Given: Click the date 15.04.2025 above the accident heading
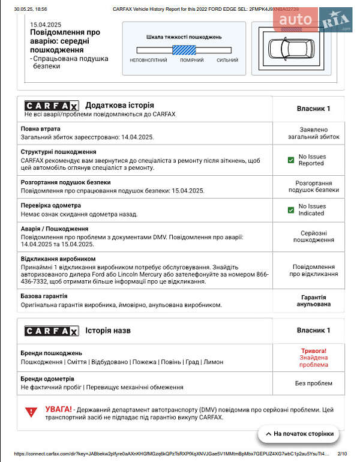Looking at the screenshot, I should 46,24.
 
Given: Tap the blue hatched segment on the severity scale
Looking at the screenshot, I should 184,50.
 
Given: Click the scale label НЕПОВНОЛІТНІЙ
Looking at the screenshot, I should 148,60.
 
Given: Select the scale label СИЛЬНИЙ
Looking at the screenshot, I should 227,60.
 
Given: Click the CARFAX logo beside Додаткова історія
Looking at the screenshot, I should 52,105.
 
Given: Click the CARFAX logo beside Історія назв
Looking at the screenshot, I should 52,331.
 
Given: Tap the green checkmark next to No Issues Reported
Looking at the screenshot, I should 291,160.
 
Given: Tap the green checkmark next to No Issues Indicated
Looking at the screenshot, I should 291,209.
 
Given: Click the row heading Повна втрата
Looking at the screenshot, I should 40,129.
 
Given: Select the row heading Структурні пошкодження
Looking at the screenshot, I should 58,152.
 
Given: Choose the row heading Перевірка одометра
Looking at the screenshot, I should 50,205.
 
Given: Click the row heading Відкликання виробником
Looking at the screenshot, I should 58,259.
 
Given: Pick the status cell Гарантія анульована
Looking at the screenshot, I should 313,301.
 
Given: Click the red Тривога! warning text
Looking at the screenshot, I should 314,350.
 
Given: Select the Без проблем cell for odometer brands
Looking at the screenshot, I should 313,383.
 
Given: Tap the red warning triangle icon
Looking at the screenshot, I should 31,412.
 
